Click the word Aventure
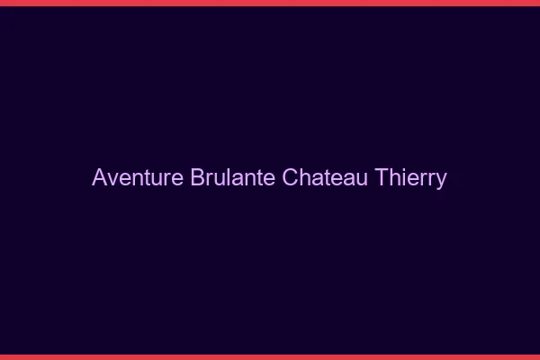[138, 177]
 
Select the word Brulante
[233, 177]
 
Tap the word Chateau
[324, 177]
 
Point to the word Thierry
[409, 177]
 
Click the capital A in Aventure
[99, 177]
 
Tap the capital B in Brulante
[198, 177]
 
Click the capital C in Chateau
[290, 177]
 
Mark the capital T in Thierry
[380, 177]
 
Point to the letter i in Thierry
[402, 177]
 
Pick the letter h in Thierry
[393, 177]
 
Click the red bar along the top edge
[270, 3]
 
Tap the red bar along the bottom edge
[270, 356]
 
